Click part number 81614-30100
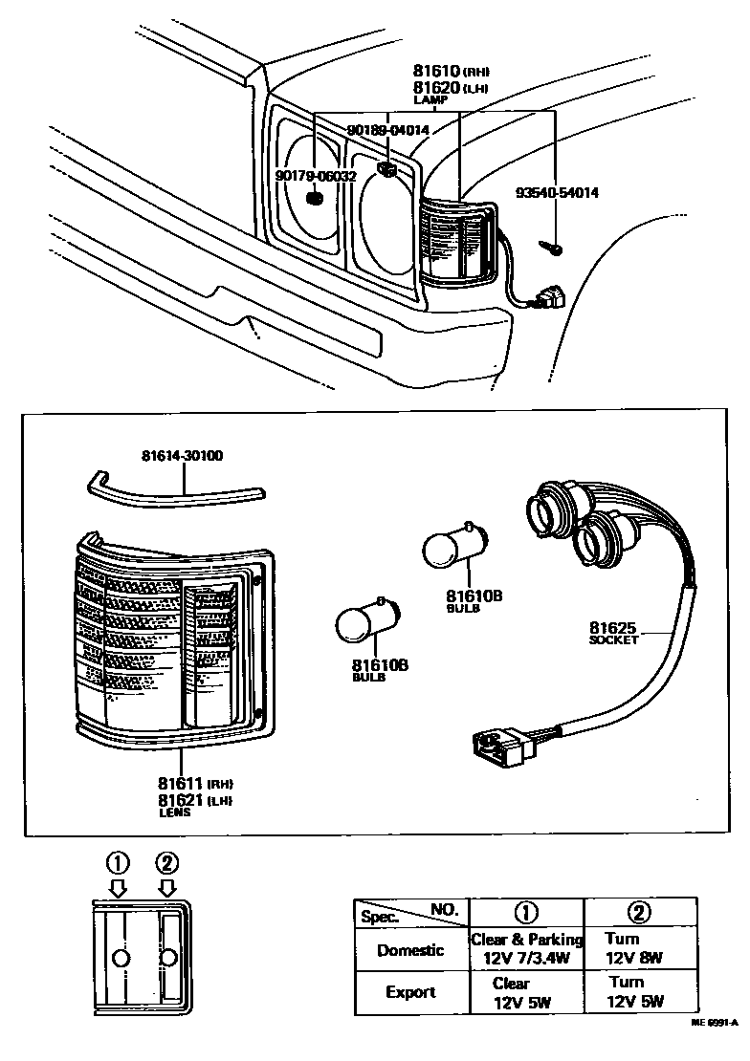(x=179, y=455)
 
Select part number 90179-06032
(x=315, y=176)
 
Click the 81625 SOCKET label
(x=612, y=633)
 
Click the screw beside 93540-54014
(x=552, y=247)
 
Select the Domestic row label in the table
(x=410, y=950)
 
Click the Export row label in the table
(x=410, y=992)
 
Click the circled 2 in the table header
(x=639, y=911)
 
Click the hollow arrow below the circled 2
(x=166, y=888)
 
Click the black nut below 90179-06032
(x=316, y=199)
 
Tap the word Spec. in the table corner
(x=379, y=916)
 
